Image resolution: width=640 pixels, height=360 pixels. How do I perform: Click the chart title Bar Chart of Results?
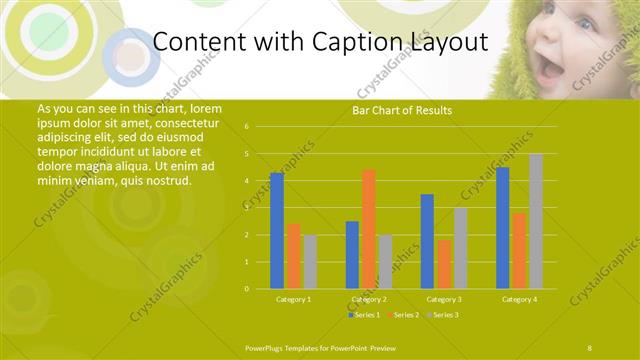[x=402, y=110]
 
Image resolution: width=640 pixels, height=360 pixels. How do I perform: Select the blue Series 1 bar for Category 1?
[x=277, y=231]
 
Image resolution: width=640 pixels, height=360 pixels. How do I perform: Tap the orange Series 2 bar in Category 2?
[x=369, y=229]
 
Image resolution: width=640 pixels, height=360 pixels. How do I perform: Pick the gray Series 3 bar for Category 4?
[x=536, y=221]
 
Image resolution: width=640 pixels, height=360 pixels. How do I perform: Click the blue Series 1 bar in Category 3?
[x=427, y=241]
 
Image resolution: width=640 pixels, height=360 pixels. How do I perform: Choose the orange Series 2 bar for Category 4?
[x=519, y=251]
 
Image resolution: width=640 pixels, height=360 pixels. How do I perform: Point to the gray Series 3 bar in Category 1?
[x=310, y=262]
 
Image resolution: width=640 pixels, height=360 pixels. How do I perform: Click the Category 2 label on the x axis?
[x=369, y=299]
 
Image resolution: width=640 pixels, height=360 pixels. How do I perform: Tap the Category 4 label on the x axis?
[x=519, y=299]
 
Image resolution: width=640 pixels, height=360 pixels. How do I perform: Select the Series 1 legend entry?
[x=364, y=315]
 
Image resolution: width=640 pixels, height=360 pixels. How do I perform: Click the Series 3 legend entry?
[x=444, y=315]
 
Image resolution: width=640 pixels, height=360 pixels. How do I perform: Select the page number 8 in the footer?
[x=589, y=346]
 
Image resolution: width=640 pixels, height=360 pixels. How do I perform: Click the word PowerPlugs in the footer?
[x=263, y=346]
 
